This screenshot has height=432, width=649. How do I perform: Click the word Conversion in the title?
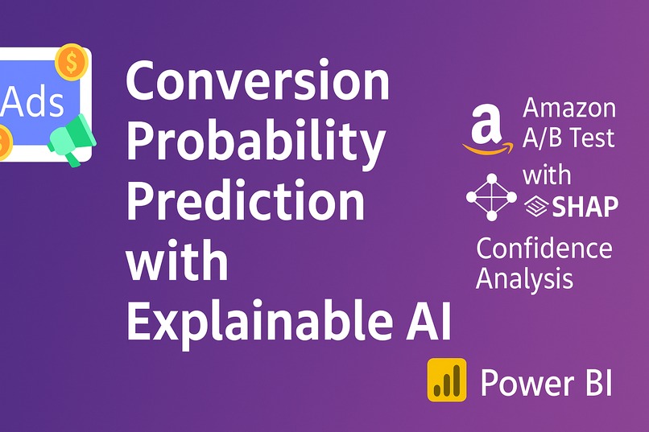258,82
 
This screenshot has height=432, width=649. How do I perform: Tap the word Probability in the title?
255,142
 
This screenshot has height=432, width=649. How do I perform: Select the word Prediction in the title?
245,202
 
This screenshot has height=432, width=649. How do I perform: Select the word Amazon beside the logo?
569,108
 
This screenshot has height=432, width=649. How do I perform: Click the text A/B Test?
569,138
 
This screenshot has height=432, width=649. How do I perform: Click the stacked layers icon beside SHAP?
535,208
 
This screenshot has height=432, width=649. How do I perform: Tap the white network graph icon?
492,197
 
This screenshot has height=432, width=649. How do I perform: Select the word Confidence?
544,249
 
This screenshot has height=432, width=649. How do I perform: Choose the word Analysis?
525,278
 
